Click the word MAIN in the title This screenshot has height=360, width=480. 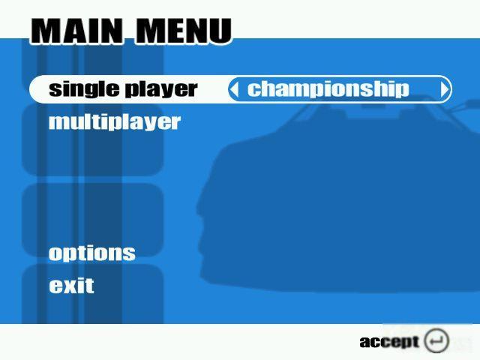[x=77, y=31]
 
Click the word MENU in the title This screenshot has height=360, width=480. [x=183, y=31]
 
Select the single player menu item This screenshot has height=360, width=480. [x=123, y=89]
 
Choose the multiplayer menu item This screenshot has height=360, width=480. [x=115, y=122]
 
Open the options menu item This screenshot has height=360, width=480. [x=91, y=253]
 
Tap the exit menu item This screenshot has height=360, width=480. [x=72, y=285]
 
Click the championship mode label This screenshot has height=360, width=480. [x=328, y=89]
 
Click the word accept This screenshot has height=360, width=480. [x=389, y=342]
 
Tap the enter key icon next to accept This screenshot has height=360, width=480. [x=436, y=340]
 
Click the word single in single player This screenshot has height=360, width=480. [x=84, y=89]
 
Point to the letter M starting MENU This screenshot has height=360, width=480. [x=149, y=31]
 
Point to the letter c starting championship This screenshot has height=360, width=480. [x=253, y=90]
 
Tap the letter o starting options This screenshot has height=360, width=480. [x=56, y=254]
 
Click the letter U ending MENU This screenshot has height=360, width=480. [x=220, y=31]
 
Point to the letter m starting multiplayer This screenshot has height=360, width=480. [x=60, y=123]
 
